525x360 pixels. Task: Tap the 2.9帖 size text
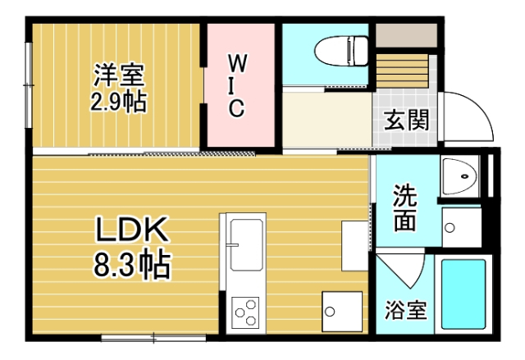tap(117, 103)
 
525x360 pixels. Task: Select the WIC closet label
tap(235, 85)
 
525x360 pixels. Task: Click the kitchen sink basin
tap(246, 244)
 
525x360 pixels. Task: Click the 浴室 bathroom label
tap(405, 312)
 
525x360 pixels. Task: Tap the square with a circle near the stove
tap(336, 311)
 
